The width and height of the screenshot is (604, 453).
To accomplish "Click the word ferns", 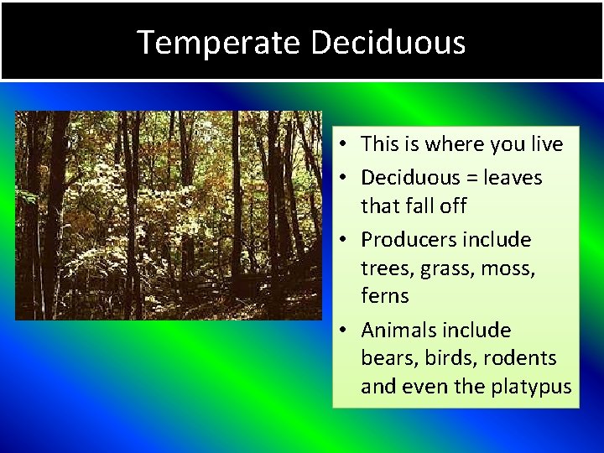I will point(384,296).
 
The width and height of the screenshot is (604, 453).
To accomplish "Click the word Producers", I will point(404,240).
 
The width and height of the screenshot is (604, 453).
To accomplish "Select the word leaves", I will point(514,178).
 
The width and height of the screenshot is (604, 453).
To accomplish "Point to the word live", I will point(546,144).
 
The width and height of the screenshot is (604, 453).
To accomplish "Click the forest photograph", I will point(168,215).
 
